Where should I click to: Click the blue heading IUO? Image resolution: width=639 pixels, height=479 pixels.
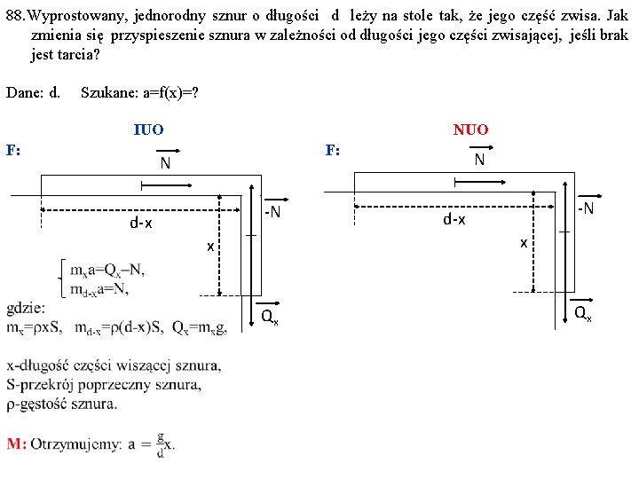(x=148, y=130)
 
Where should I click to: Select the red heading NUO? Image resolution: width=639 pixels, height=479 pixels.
(x=470, y=130)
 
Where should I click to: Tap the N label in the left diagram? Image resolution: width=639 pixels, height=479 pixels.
(x=165, y=164)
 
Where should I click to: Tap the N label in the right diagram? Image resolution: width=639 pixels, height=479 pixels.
(x=479, y=160)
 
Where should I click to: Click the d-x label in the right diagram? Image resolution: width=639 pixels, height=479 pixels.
(x=454, y=218)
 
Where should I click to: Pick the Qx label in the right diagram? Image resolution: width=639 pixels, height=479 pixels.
(x=582, y=312)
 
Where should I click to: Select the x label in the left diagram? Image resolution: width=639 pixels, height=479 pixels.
(x=210, y=246)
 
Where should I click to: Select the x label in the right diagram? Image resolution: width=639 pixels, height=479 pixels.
(x=524, y=241)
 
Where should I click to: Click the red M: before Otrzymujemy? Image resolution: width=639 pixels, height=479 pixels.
(x=17, y=444)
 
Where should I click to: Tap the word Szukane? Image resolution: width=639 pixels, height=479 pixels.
(x=108, y=92)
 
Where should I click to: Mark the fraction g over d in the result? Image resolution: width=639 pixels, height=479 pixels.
(x=160, y=444)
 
